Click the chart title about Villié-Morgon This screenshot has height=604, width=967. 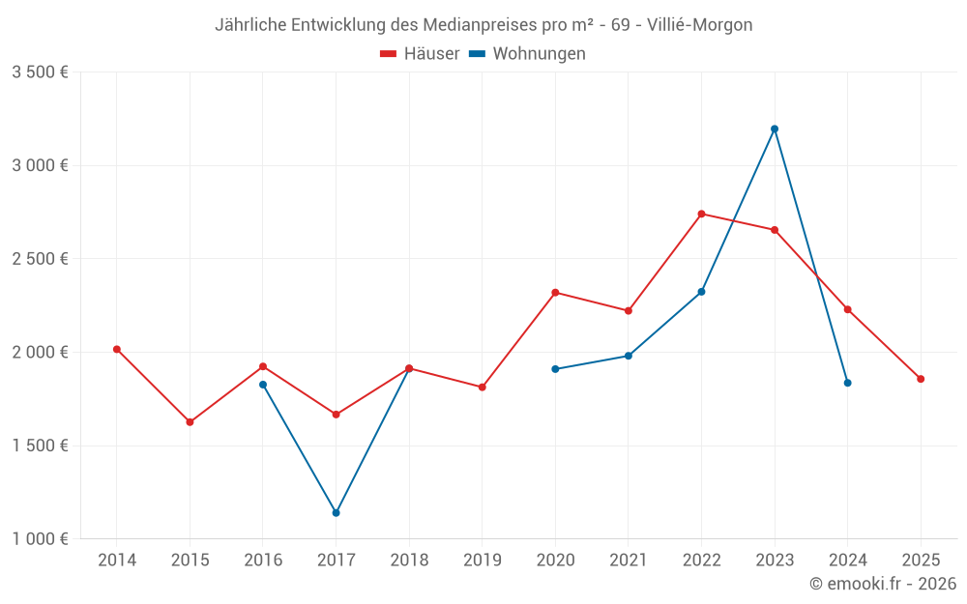coord(483,25)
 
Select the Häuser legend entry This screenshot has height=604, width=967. coord(421,54)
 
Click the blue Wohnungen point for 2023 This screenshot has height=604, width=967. coord(775,129)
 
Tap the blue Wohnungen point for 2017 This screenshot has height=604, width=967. coord(336,512)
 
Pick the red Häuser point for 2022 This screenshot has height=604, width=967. coord(701,214)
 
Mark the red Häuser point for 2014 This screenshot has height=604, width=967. coord(117,349)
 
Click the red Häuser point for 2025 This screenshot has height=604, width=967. coord(921,379)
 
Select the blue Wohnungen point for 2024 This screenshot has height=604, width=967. coord(847,383)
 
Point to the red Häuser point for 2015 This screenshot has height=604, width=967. coord(190,422)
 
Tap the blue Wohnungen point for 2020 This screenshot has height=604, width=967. coord(555,369)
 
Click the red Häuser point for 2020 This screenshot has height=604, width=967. coord(555,292)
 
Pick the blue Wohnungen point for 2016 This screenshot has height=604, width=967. coord(263,385)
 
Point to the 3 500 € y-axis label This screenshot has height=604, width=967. coord(40,72)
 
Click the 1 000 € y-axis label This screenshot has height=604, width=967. coord(40,539)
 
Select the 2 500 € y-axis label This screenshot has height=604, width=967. coord(40,259)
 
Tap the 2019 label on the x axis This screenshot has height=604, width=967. coord(483,560)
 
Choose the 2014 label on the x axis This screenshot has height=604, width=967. coord(117,560)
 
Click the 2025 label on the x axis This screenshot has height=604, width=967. coord(921,560)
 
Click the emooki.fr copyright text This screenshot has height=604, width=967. coord(882,584)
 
